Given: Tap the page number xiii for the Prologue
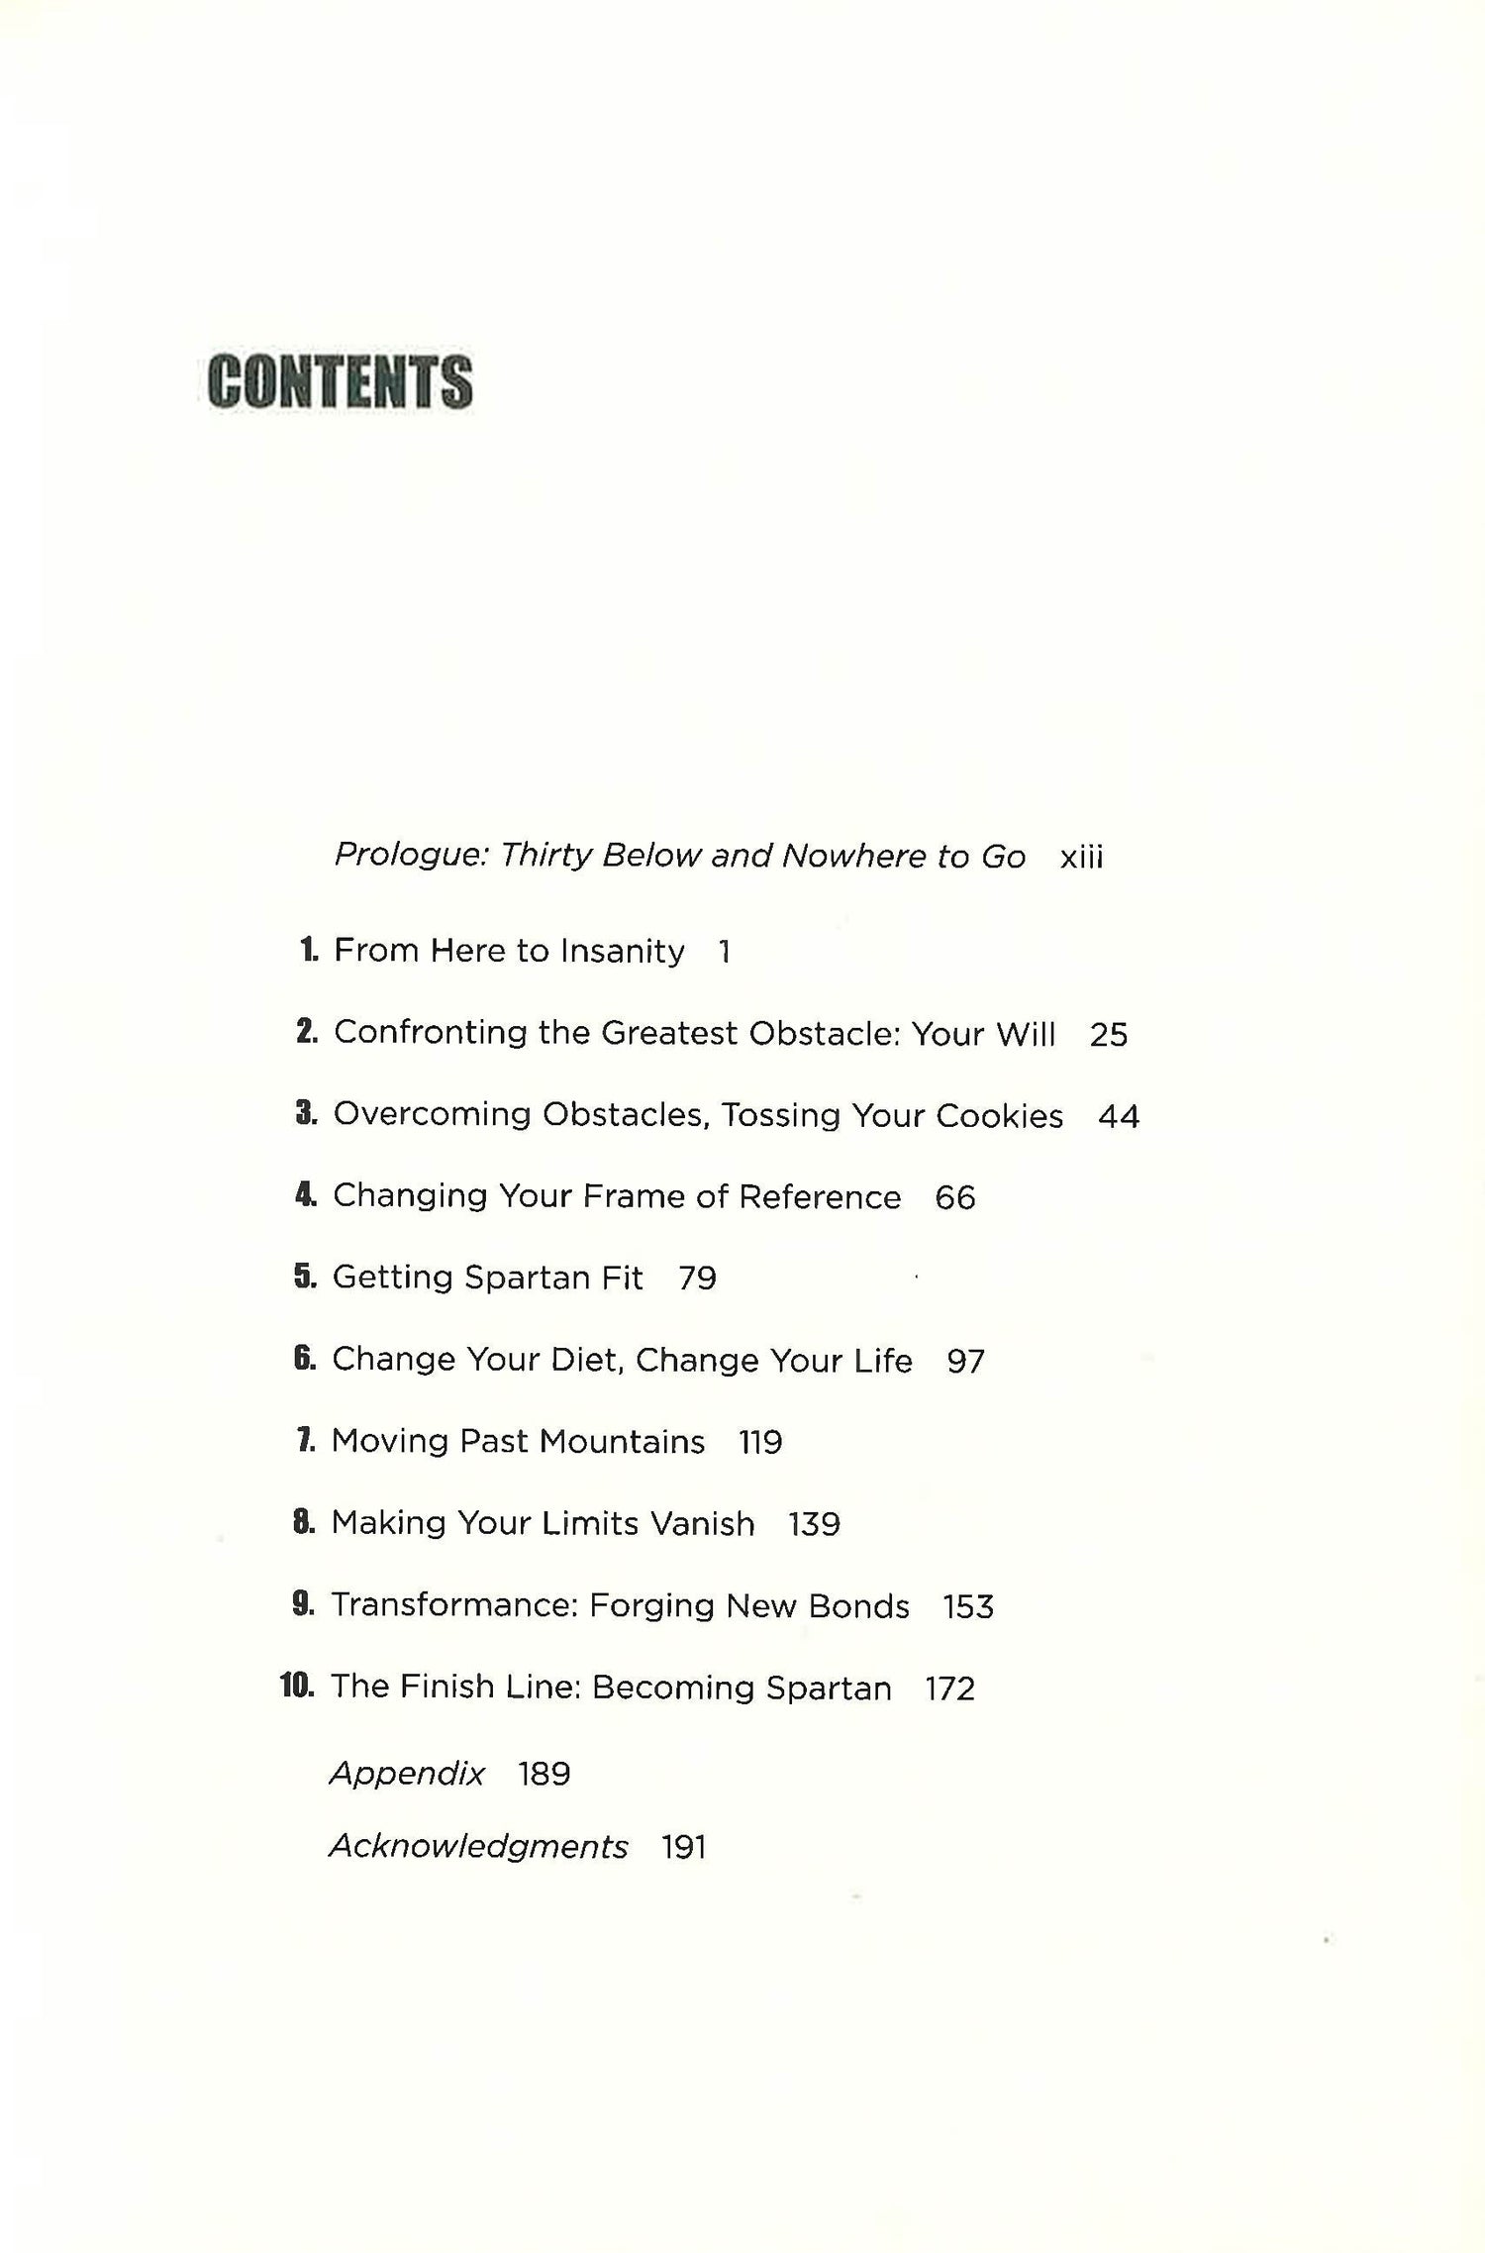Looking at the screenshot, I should tap(1081, 857).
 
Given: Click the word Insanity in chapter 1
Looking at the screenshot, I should tap(622, 951).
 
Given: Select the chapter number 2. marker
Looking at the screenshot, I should tap(307, 1032).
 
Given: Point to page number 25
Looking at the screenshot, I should tap(1108, 1034).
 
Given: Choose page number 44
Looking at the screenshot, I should tap(1119, 1116).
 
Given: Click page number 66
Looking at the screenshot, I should tap(955, 1197).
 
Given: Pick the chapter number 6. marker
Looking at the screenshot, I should tap(305, 1358).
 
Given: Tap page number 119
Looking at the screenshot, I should tap(760, 1442).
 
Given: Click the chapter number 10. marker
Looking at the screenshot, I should tap(297, 1686).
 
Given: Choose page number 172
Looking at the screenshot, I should tap(949, 1689).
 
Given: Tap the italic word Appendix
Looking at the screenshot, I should tap(407, 1773).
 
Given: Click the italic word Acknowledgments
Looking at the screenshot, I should tap(478, 1846).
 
